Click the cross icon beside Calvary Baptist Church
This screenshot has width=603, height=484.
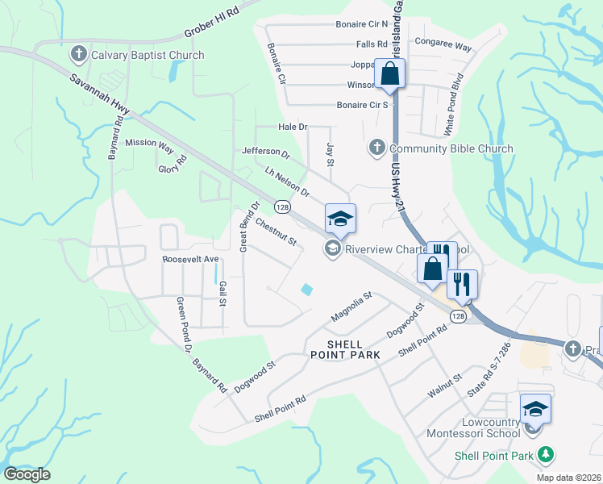pyautogui.click(x=79, y=55)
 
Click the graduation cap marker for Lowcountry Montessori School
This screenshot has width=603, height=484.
pyautogui.click(x=536, y=409)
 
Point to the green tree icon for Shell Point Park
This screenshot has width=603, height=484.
pyautogui.click(x=547, y=455)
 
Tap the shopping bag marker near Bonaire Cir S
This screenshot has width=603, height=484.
pyautogui.click(x=389, y=73)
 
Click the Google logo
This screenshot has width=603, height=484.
pyautogui.click(x=27, y=474)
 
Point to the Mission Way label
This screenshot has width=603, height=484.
pyautogui.click(x=149, y=145)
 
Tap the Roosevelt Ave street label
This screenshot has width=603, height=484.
pyautogui.click(x=190, y=259)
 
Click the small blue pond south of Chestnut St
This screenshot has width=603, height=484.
pyautogui.click(x=306, y=290)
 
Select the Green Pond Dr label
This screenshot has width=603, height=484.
pyautogui.click(x=182, y=325)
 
